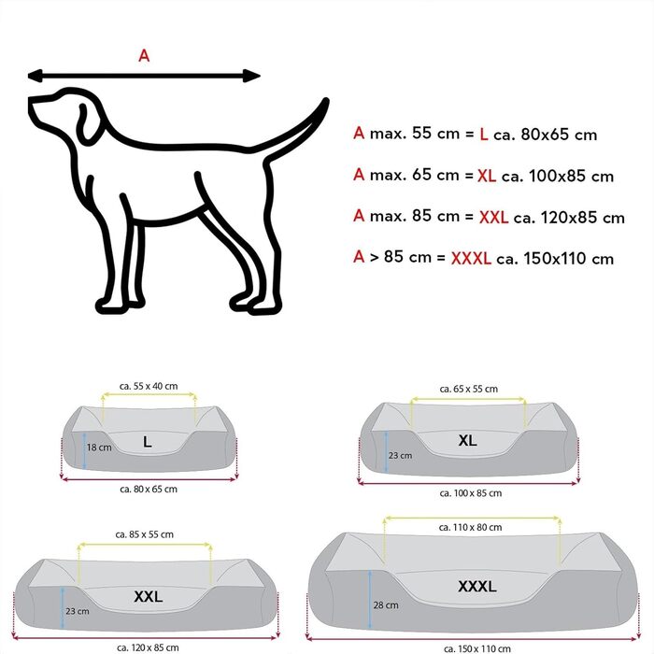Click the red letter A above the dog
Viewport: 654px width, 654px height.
pos(144,55)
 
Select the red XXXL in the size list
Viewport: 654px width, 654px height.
pos(470,258)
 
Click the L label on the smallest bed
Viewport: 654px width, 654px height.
pos(147,442)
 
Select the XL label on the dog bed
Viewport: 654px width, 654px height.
pos(467,440)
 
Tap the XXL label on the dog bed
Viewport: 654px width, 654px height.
pos(149,594)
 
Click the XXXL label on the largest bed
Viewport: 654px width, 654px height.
pos(476,587)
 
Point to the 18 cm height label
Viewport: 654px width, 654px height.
pos(100,448)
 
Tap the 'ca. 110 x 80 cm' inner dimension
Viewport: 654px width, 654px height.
pos(477,528)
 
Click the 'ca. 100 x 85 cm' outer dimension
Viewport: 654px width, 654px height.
pos(471,493)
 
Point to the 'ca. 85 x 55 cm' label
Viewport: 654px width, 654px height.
pos(147,534)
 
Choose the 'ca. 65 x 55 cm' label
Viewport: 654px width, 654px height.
pos(467,389)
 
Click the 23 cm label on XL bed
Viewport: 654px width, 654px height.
pos(401,455)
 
